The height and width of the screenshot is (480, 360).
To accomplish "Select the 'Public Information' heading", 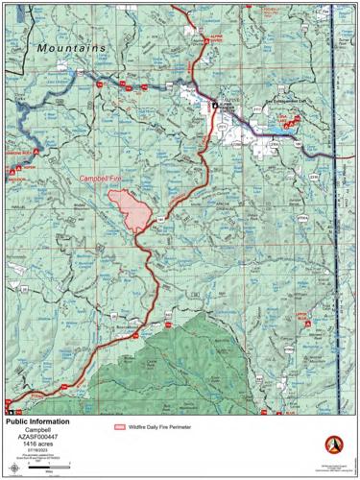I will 38,421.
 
